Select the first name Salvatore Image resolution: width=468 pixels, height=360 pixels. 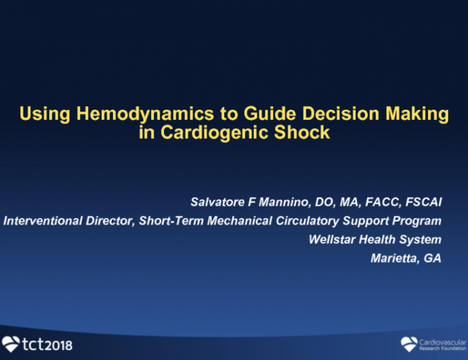click(213, 202)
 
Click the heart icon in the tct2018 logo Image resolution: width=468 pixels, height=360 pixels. click(11, 344)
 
